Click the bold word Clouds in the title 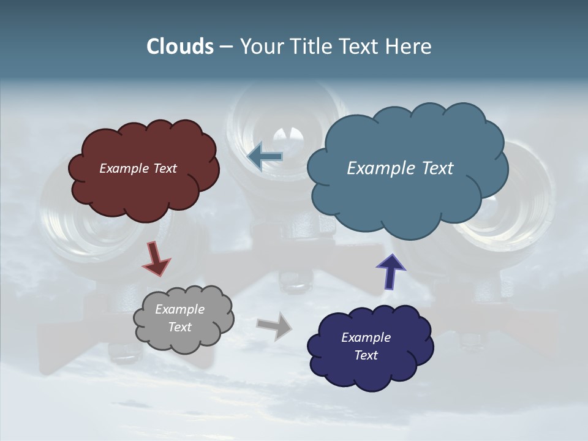pos(180,47)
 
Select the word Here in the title pos(409,47)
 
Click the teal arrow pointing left pos(265,157)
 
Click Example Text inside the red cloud pos(138,168)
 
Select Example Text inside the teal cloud pos(400,168)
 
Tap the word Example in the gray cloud pos(179,310)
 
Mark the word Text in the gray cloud pos(179,327)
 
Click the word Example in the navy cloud pos(366,337)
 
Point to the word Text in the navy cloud pos(366,355)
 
